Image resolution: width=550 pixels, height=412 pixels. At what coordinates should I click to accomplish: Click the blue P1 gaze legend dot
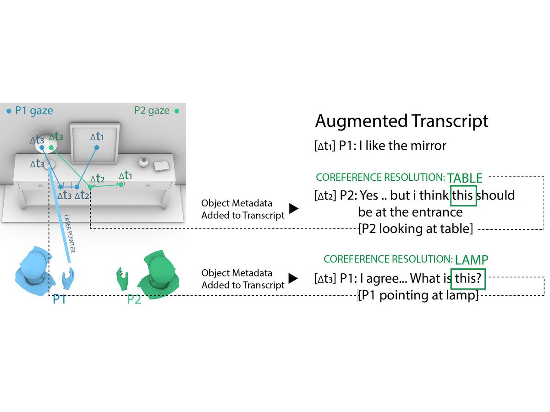click(9, 111)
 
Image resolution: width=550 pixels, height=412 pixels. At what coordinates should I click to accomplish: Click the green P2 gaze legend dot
click(177, 111)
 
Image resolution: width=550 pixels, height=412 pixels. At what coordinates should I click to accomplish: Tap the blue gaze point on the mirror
click(97, 147)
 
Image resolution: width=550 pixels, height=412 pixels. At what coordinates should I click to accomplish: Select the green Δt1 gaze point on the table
click(121, 185)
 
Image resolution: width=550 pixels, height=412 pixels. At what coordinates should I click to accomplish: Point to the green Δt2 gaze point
click(90, 187)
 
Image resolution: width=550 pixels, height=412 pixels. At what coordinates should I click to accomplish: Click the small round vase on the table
click(144, 163)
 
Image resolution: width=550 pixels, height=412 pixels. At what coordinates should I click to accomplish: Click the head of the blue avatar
click(33, 265)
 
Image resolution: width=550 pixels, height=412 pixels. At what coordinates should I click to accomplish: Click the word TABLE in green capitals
click(465, 178)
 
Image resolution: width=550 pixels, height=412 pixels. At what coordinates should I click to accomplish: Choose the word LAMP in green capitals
click(472, 260)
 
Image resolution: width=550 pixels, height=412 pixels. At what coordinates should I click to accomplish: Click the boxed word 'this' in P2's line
click(463, 195)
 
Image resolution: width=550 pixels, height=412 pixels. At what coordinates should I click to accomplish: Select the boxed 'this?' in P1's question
click(467, 278)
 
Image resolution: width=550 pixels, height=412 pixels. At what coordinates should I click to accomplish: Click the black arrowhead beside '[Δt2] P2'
click(294, 209)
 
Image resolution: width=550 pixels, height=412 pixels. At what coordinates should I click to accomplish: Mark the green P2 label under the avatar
click(134, 300)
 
